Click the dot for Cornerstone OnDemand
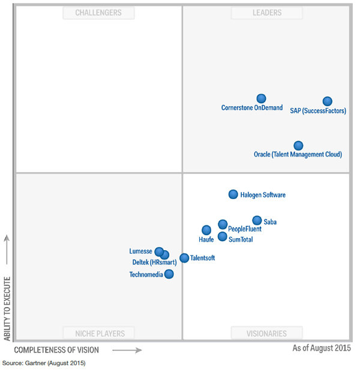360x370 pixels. [261, 98]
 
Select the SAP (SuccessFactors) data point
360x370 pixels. [327, 101]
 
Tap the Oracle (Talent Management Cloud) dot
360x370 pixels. [298, 145]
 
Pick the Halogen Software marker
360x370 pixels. [233, 194]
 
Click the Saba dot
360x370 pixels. [257, 220]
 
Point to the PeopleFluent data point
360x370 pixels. [223, 224]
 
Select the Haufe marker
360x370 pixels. [206, 230]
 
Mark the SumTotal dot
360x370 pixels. [223, 236]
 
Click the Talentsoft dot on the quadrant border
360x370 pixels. [184, 258]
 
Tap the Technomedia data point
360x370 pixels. [169, 274]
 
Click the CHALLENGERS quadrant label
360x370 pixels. [98, 13]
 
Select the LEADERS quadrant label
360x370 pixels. [267, 13]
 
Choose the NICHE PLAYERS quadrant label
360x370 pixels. [98, 333]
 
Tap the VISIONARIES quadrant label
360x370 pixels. [267, 333]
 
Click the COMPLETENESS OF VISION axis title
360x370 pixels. [56, 350]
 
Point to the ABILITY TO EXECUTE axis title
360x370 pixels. [7, 308]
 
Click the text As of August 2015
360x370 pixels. [322, 348]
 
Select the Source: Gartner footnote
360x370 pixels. [43, 363]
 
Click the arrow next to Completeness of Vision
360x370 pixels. [127, 350]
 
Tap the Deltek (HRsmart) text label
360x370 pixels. [154, 262]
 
